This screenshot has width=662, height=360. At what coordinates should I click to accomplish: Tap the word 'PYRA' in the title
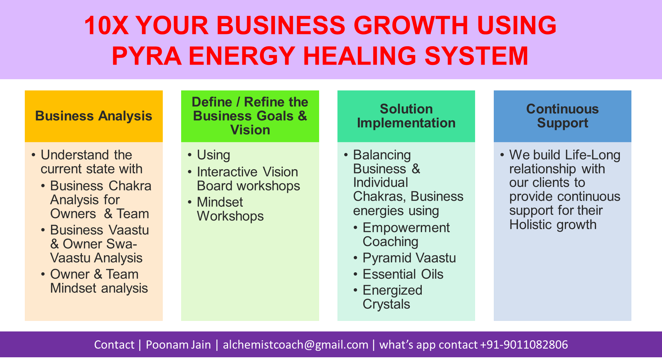click(x=146, y=56)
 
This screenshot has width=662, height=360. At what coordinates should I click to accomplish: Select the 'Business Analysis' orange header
click(x=94, y=116)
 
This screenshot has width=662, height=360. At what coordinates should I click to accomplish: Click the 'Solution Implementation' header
click(x=406, y=116)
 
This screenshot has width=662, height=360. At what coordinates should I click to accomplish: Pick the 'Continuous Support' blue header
click(x=562, y=116)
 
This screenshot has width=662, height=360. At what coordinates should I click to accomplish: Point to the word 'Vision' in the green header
click(x=250, y=130)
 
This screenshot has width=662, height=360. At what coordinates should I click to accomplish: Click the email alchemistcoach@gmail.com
click(x=296, y=345)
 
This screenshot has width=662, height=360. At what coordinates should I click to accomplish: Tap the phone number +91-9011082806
click(x=524, y=345)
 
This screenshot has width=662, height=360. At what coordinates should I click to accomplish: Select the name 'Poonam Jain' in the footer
click(x=178, y=345)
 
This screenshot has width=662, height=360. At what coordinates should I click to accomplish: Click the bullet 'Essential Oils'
click(x=403, y=274)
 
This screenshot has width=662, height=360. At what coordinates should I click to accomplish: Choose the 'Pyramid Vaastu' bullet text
click(x=409, y=258)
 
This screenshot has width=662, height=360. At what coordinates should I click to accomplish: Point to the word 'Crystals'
click(x=386, y=304)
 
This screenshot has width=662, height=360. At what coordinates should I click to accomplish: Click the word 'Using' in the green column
click(x=213, y=155)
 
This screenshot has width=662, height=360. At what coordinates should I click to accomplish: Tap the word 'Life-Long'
click(x=593, y=155)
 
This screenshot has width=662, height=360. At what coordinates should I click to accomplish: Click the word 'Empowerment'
click(x=406, y=228)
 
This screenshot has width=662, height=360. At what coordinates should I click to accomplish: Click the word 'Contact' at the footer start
click(x=114, y=345)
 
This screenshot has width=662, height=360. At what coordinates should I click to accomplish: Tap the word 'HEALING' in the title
click(x=360, y=56)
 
